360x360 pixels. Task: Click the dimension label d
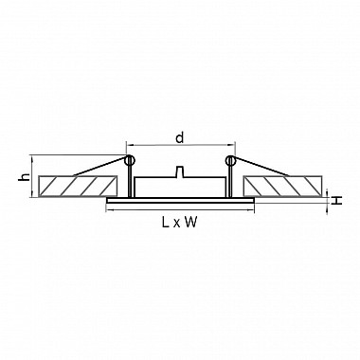click(x=180, y=138)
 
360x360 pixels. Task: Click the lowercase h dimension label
click(x=24, y=177)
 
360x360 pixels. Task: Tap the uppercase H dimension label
click(x=337, y=200)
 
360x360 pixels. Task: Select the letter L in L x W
click(x=166, y=223)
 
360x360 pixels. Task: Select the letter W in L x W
click(x=190, y=223)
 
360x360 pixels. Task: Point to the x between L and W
click(x=176, y=224)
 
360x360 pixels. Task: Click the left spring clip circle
click(x=129, y=160)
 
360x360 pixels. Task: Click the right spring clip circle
click(x=230, y=160)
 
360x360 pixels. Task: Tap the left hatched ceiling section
click(x=78, y=186)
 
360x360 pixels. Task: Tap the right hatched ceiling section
click(x=282, y=186)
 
